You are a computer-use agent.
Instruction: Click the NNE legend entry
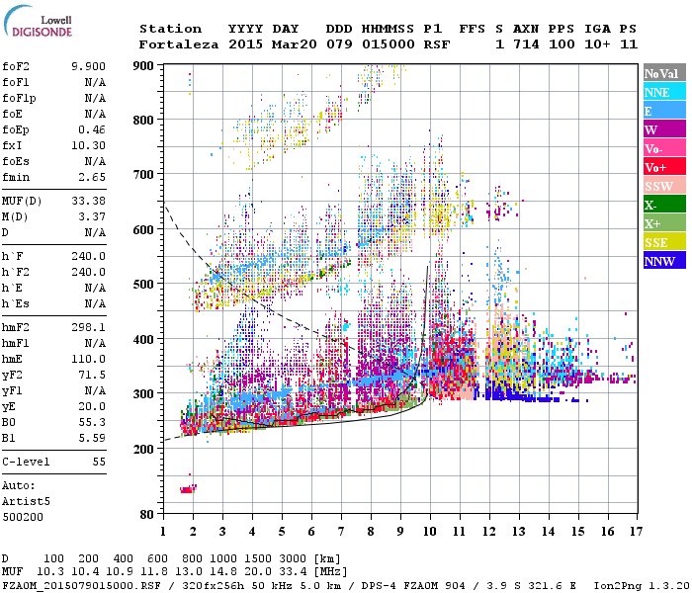click(x=663, y=92)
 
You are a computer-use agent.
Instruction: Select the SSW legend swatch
click(x=663, y=186)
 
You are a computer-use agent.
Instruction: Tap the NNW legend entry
click(x=663, y=261)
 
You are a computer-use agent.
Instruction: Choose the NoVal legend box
click(x=663, y=73)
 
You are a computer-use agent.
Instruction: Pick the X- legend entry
click(x=663, y=205)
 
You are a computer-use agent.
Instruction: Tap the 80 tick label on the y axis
click(x=147, y=514)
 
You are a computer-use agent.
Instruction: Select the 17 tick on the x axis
click(x=634, y=532)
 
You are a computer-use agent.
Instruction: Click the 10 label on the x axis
click(x=428, y=532)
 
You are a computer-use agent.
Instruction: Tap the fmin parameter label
click(x=15, y=176)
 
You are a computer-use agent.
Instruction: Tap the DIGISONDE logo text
click(x=42, y=32)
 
